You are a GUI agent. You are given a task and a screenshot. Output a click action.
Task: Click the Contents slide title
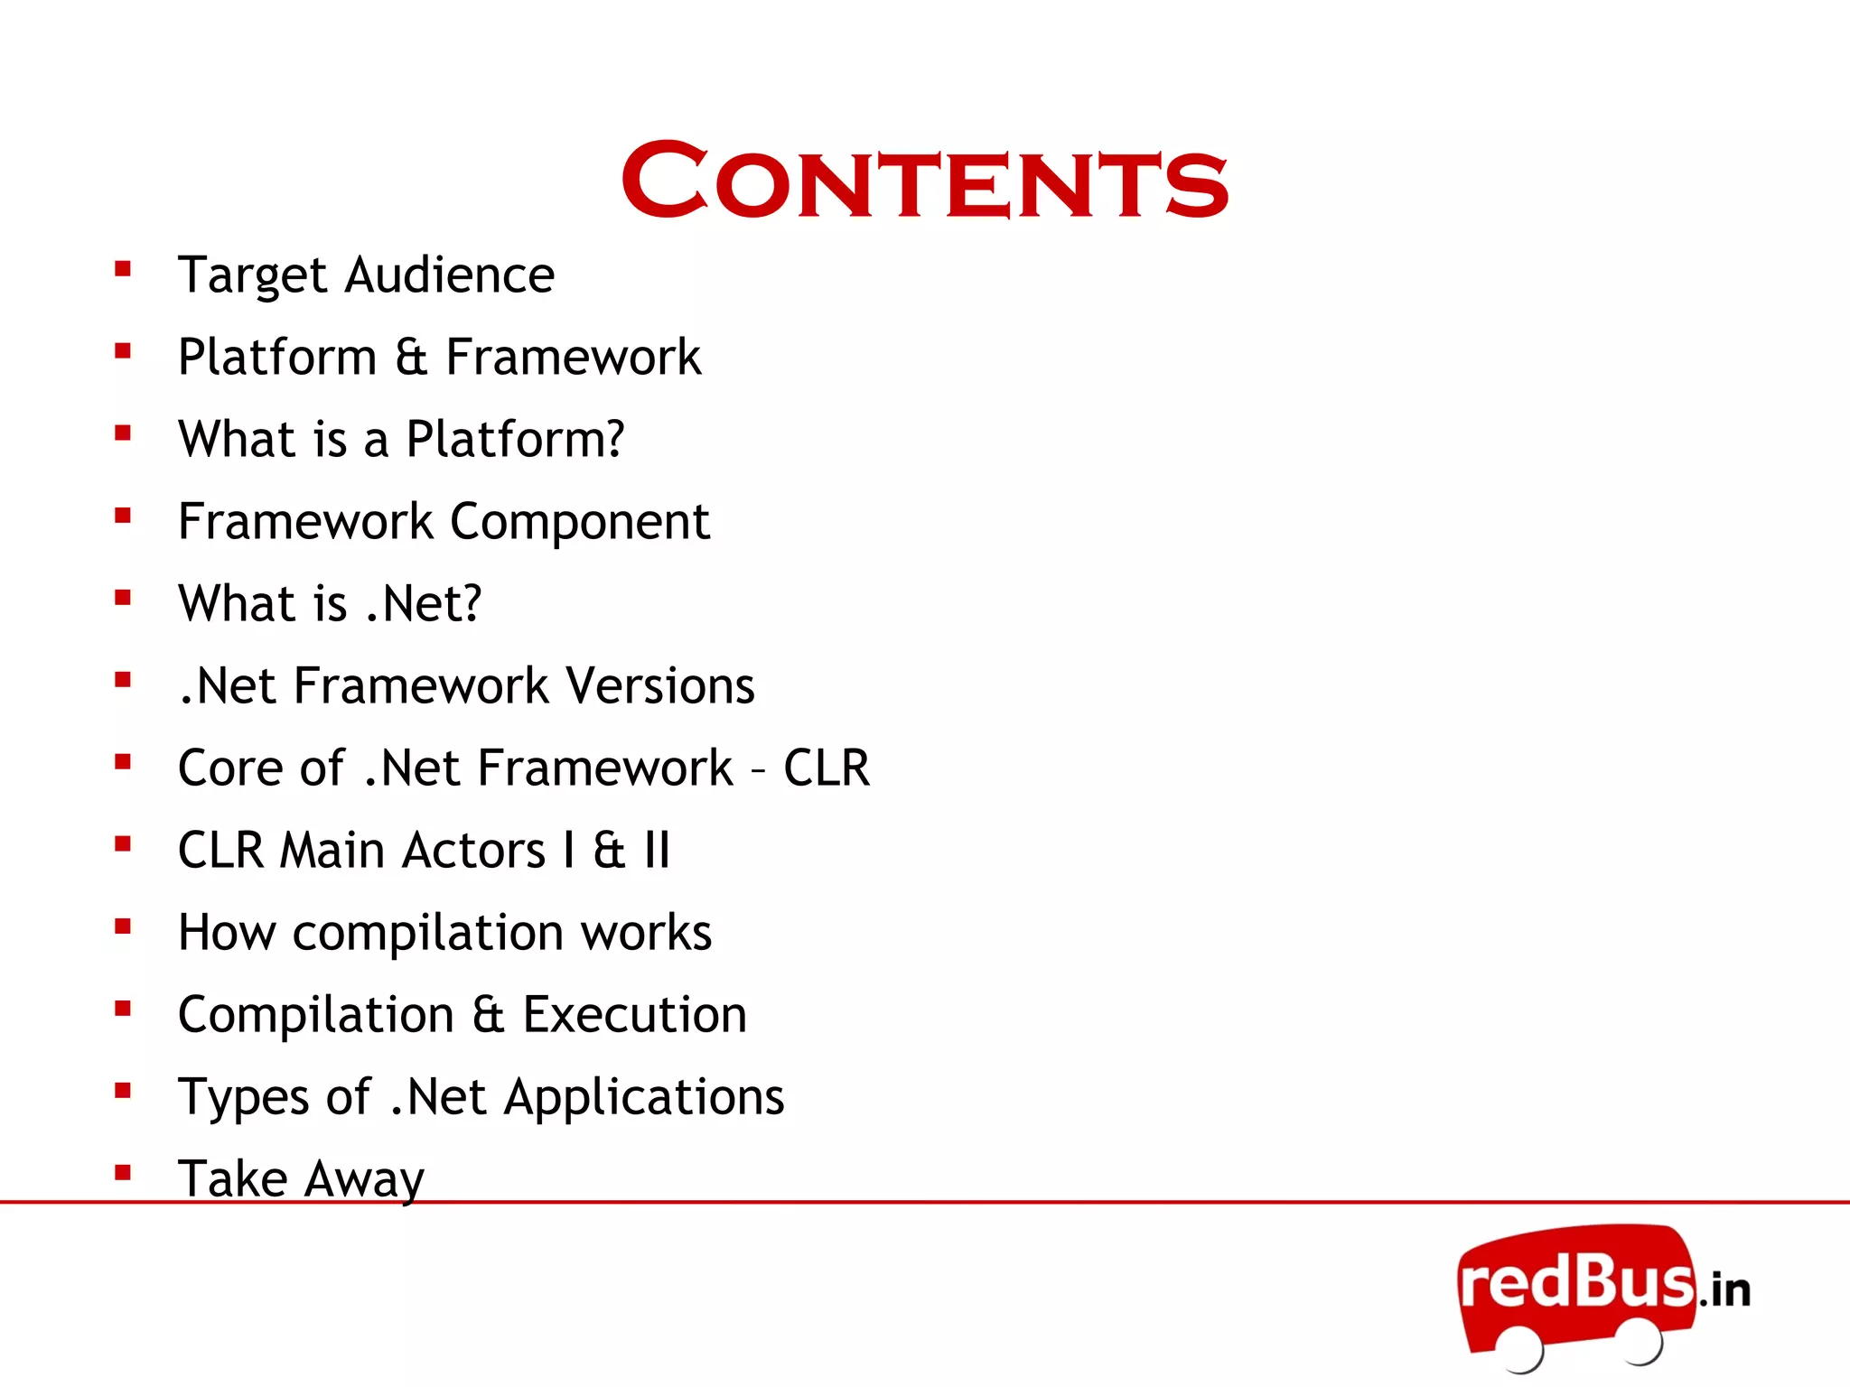[x=924, y=181]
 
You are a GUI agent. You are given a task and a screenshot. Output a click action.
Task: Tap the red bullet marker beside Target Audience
[x=123, y=268]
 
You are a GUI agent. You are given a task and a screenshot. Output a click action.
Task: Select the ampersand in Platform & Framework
[x=411, y=357]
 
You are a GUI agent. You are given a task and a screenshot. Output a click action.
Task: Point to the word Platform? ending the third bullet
[x=515, y=440]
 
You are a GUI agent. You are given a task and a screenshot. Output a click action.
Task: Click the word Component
[x=579, y=522]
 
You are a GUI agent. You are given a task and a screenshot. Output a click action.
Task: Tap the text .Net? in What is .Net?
[x=424, y=603]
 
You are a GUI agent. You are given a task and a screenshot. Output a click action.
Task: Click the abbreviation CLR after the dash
[x=826, y=768]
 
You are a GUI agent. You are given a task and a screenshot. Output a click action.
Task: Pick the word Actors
[x=473, y=851]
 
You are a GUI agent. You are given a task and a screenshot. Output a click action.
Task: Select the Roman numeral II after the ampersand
[x=657, y=851]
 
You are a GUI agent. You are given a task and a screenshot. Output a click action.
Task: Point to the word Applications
[x=643, y=1097]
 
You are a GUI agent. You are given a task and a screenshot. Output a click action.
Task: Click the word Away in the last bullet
[x=364, y=1179]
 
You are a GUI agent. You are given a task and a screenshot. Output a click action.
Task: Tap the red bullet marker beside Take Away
[x=123, y=1173]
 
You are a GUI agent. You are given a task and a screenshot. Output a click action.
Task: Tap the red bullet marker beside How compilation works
[x=123, y=926]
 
